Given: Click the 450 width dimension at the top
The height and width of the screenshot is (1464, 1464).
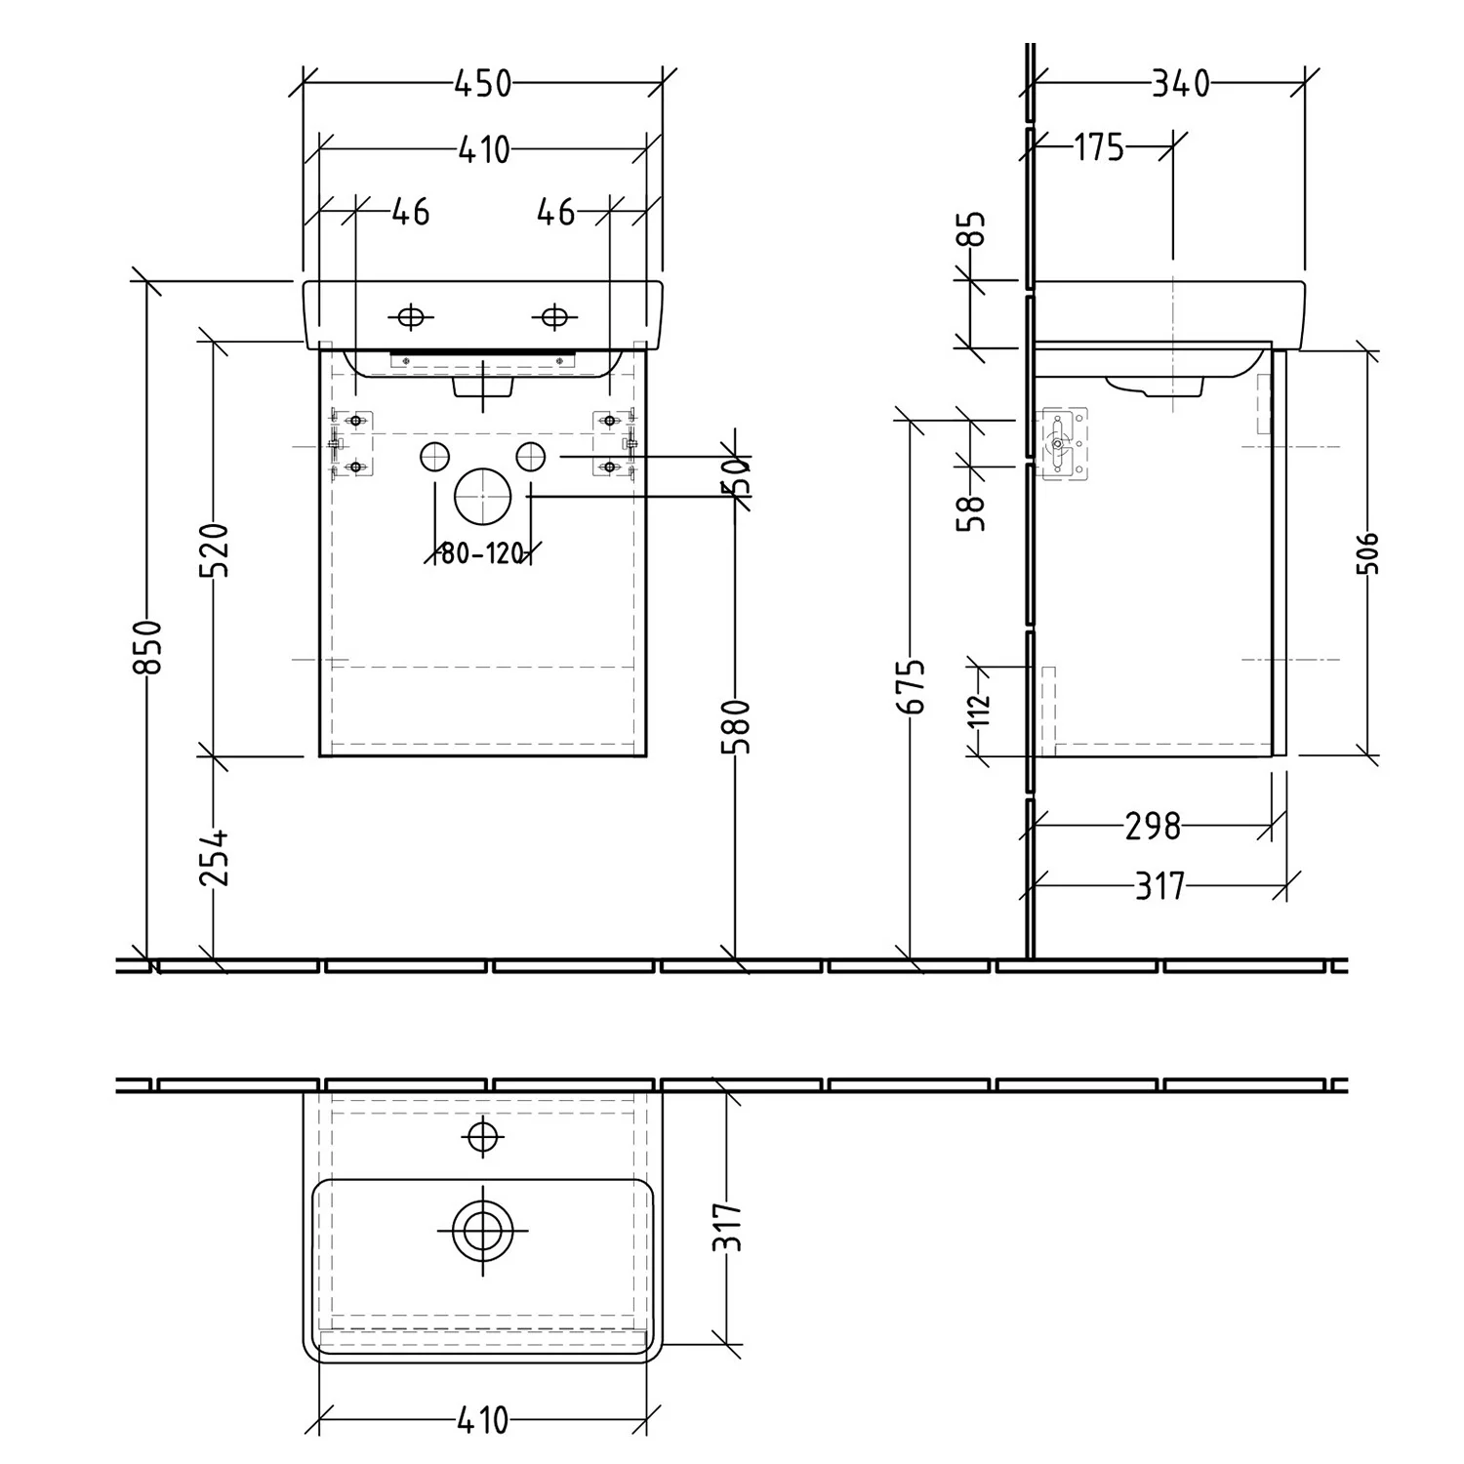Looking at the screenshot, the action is (x=483, y=84).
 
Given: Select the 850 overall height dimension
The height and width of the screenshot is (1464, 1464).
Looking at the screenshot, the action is (x=147, y=646).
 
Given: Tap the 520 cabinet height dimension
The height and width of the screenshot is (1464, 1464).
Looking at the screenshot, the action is (x=215, y=550).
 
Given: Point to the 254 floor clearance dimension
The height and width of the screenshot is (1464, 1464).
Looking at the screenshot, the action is (x=215, y=857).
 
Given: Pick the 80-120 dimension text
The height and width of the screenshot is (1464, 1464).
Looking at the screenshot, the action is (x=483, y=554).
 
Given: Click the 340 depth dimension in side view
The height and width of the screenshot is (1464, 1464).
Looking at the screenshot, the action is (x=1180, y=84).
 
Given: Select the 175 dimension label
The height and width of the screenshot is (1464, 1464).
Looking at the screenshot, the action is (x=1099, y=147).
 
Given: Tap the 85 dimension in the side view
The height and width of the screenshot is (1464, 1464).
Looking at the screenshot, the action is (x=974, y=231).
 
